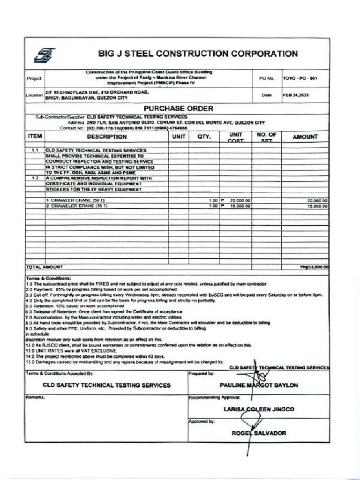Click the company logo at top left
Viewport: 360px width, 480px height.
coord(44,55)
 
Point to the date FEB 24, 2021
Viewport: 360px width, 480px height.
coord(296,95)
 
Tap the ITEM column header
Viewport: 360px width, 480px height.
coord(35,136)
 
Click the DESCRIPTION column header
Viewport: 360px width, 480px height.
coord(106,137)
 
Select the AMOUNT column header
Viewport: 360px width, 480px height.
coord(305,137)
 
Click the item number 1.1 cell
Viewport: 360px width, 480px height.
coord(35,150)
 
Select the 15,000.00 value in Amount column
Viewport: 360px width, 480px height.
coord(317,206)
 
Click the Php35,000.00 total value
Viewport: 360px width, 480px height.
coord(314,267)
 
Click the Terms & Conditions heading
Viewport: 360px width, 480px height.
coord(48,278)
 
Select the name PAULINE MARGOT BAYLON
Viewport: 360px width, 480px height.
coord(259,385)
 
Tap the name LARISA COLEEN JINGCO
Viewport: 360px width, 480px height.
coord(259,409)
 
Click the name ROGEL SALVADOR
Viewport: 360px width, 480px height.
coord(259,433)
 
